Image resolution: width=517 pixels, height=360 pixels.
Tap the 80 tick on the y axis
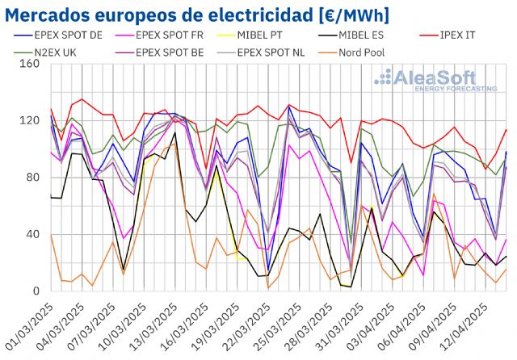pyautogui.click(x=32, y=178)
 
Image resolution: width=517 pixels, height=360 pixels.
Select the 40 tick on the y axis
pyautogui.click(x=32, y=235)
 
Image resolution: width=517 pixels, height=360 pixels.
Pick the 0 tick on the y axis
pyautogui.click(x=35, y=291)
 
